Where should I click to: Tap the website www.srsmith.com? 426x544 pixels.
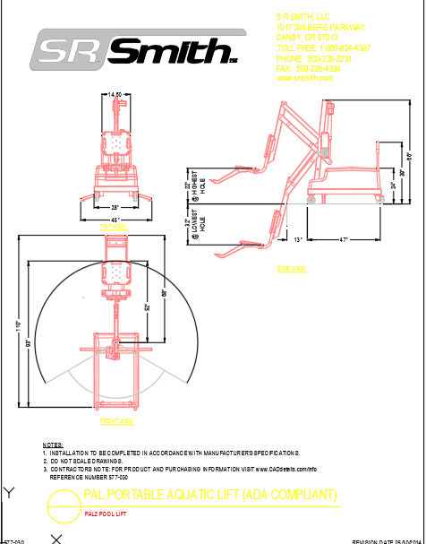(304, 78)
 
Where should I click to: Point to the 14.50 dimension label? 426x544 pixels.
(115, 94)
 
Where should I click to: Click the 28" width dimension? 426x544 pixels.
(115, 207)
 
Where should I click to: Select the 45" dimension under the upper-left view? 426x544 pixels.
(115, 220)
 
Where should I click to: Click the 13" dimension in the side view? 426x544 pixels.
(297, 239)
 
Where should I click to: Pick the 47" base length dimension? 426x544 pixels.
(345, 239)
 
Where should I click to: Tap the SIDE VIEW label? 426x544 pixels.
(291, 268)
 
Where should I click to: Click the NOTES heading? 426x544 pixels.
(53, 445)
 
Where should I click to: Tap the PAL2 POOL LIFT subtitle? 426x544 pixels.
(106, 514)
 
